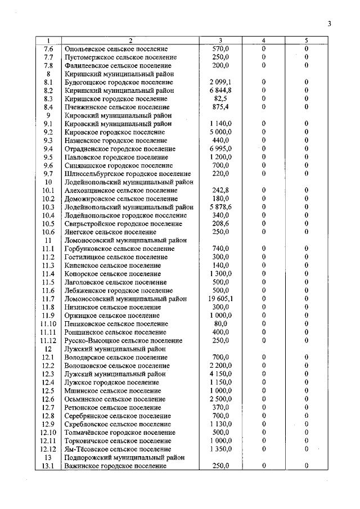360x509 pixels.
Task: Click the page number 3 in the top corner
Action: pyautogui.click(x=330, y=23)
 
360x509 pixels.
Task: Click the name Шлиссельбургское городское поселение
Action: pyautogui.click(x=128, y=174)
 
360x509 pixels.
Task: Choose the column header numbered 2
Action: pyautogui.click(x=130, y=40)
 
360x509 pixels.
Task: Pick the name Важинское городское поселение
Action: pyautogui.click(x=116, y=466)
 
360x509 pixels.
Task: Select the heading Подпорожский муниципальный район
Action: pyautogui.click(x=125, y=458)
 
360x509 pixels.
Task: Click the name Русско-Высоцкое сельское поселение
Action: pyautogui.click(x=124, y=341)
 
